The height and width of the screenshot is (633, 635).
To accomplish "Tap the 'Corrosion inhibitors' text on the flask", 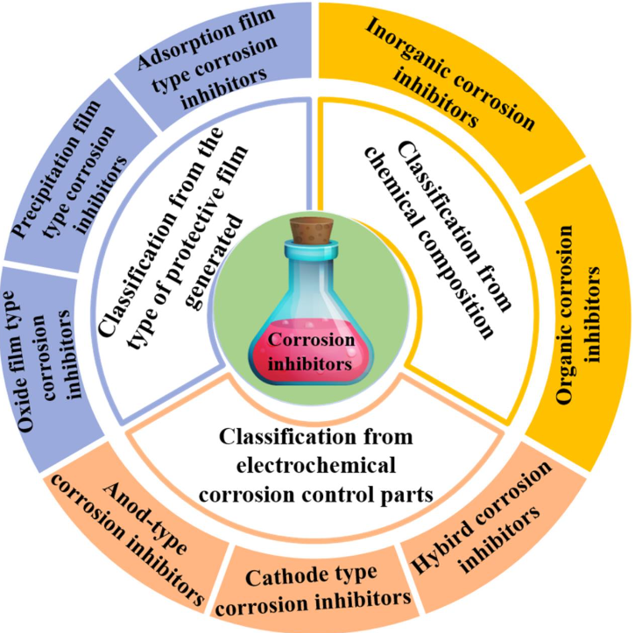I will pos(316,349).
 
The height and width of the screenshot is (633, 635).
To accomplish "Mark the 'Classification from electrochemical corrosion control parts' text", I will pos(316,465).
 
